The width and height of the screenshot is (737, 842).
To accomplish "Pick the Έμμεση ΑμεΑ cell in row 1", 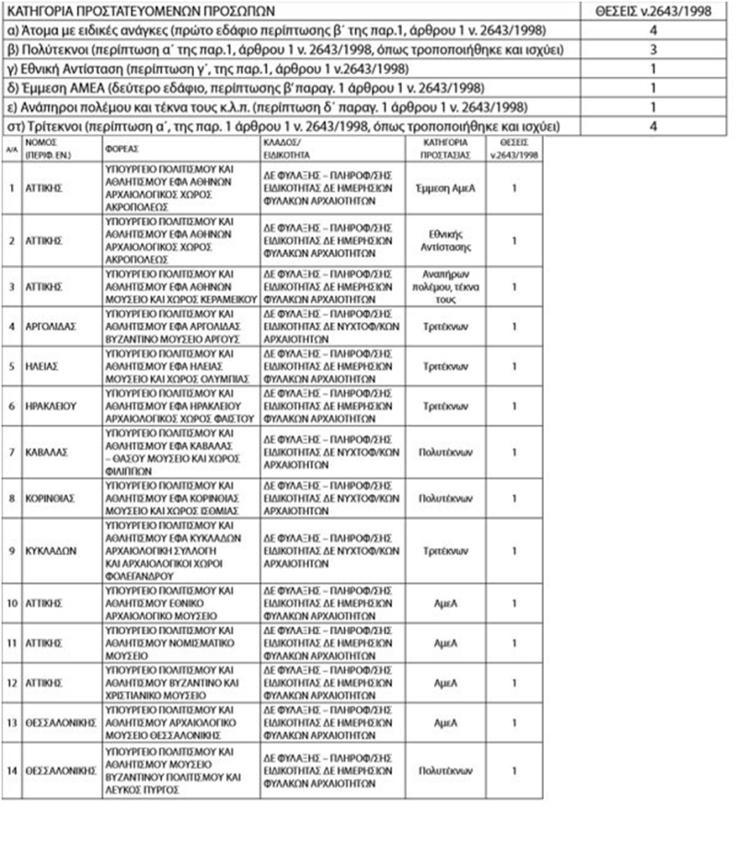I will (x=446, y=187).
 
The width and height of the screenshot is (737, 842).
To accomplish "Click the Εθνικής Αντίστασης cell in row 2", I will (x=446, y=240).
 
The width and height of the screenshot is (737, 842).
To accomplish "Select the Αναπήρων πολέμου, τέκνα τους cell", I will (x=446, y=286).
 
